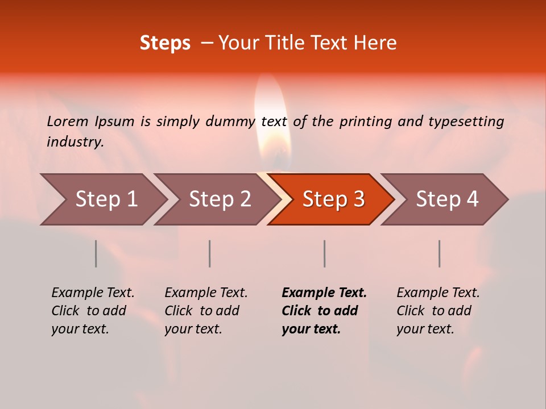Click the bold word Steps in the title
165,43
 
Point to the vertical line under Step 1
96,253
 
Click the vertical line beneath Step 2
210,253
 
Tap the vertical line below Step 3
325,253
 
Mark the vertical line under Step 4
440,253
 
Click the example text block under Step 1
93,311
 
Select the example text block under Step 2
206,311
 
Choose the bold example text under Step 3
324,311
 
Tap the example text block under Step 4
437,311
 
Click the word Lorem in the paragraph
67,122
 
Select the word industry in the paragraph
75,142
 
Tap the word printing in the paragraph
366,122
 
